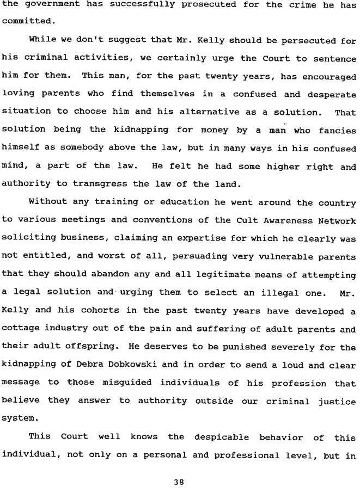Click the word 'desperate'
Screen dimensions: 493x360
(x=329, y=94)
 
